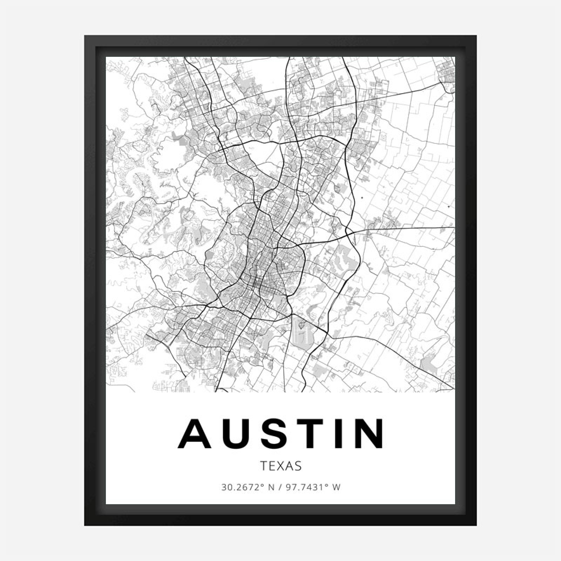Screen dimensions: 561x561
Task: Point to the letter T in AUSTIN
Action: [315, 434]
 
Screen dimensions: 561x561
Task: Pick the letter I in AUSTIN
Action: [342, 434]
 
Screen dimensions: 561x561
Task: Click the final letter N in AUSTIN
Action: [369, 434]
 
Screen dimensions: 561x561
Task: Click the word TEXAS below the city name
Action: [281, 466]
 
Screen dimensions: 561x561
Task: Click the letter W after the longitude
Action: [337, 487]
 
